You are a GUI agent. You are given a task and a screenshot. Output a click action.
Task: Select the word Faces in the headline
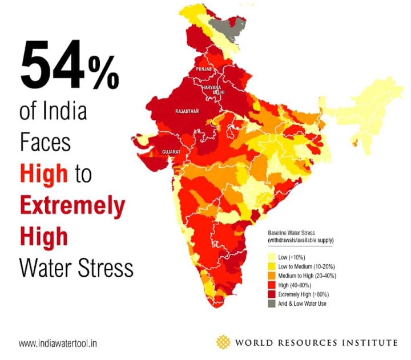[x=46, y=141]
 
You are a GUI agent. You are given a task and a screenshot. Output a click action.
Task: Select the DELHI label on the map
[x=219, y=92]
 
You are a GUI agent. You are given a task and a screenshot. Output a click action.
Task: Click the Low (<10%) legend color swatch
[x=272, y=258]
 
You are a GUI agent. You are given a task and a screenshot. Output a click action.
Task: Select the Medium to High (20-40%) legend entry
[x=305, y=276]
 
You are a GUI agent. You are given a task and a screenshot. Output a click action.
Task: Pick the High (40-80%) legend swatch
[x=272, y=285]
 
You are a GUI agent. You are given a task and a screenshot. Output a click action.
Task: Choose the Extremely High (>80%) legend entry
[x=303, y=294]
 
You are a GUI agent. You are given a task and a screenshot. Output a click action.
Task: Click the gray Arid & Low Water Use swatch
[x=272, y=304]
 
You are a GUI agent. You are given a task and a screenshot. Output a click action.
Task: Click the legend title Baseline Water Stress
[x=297, y=234]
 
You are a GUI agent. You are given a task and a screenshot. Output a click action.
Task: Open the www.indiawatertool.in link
[x=58, y=343]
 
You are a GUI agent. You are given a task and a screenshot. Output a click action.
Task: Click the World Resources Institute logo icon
[x=223, y=342]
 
